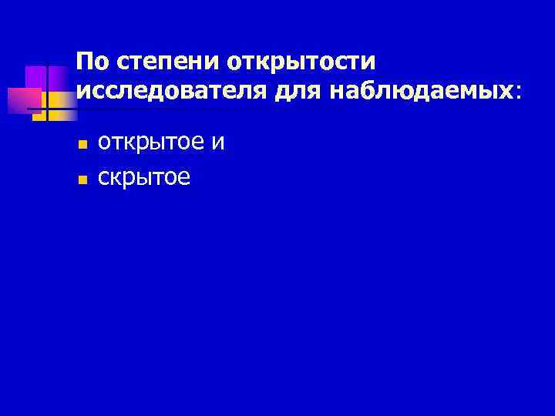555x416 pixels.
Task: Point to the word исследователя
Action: [x=172, y=91]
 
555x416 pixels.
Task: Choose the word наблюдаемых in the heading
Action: [x=422, y=91]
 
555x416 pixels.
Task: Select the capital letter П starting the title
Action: [x=84, y=61]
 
